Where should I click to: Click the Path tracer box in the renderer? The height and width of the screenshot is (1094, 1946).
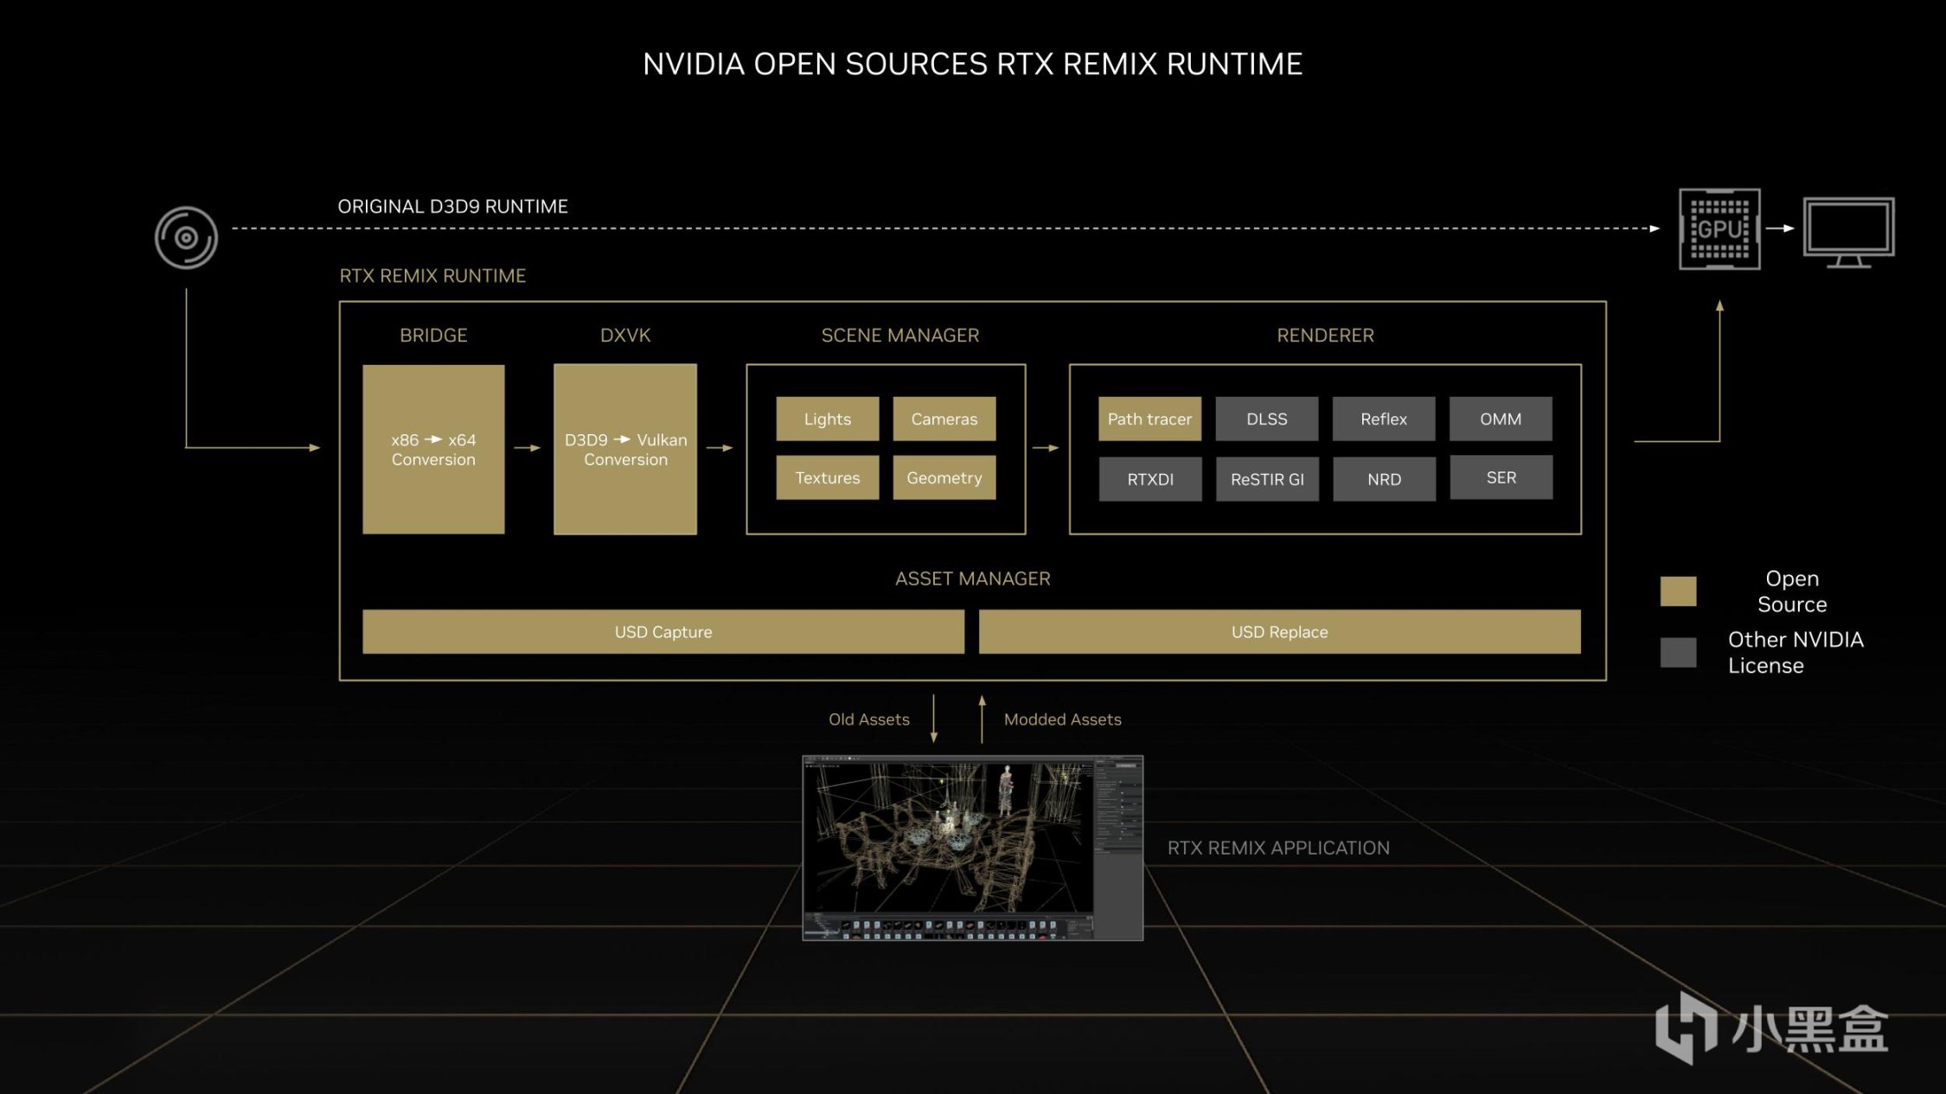(x=1149, y=419)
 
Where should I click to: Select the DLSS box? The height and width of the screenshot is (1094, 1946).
(x=1266, y=419)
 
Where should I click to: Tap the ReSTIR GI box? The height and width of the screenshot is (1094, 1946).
(x=1266, y=479)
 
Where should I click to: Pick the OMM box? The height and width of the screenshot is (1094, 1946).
(x=1500, y=419)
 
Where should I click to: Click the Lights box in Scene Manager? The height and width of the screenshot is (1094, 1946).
(x=827, y=419)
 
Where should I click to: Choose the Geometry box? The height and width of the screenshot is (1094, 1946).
(x=944, y=478)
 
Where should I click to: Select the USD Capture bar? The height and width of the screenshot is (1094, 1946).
(x=663, y=632)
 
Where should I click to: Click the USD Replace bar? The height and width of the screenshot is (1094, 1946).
(x=1279, y=632)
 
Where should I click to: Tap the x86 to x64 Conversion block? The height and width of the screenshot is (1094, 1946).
(x=433, y=450)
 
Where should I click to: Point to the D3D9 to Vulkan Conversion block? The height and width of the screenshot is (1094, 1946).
(x=625, y=450)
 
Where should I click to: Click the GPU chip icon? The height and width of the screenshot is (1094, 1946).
(x=1719, y=229)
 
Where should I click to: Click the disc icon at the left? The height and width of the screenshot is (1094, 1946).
(x=186, y=238)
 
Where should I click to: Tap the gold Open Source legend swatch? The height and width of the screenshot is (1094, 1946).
(x=1678, y=592)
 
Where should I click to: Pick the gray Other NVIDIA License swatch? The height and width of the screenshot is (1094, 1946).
(x=1678, y=652)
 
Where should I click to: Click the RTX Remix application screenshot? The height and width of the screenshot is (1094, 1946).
(x=972, y=848)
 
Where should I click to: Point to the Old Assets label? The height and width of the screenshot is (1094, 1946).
(x=868, y=720)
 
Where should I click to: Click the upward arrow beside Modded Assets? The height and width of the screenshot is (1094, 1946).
(x=982, y=719)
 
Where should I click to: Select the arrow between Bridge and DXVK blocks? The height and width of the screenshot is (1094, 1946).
(x=527, y=448)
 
